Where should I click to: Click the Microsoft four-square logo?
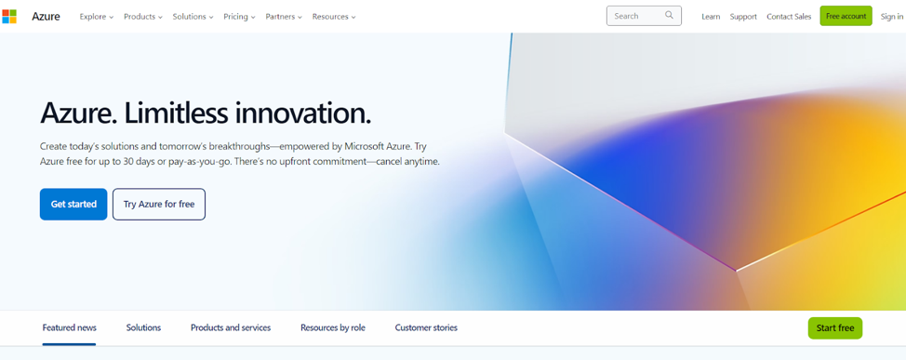[x=9, y=17]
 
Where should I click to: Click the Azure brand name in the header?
[x=46, y=17]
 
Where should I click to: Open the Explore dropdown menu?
[x=96, y=17]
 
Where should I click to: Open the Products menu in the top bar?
[x=142, y=17]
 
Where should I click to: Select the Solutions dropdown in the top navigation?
[x=193, y=17]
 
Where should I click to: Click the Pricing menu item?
[x=239, y=17]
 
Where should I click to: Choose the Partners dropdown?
[x=284, y=17]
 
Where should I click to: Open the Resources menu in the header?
[x=334, y=17]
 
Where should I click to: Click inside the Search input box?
[x=634, y=16]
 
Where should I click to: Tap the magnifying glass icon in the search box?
[x=670, y=16]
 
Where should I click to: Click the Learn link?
[x=711, y=17]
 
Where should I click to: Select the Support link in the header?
[x=743, y=17]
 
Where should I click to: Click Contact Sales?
[x=789, y=17]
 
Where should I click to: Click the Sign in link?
[x=891, y=17]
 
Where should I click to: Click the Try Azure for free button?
[x=159, y=205]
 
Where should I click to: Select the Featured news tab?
[x=69, y=327]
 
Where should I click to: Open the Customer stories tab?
[x=426, y=327]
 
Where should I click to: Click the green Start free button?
[x=834, y=328]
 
